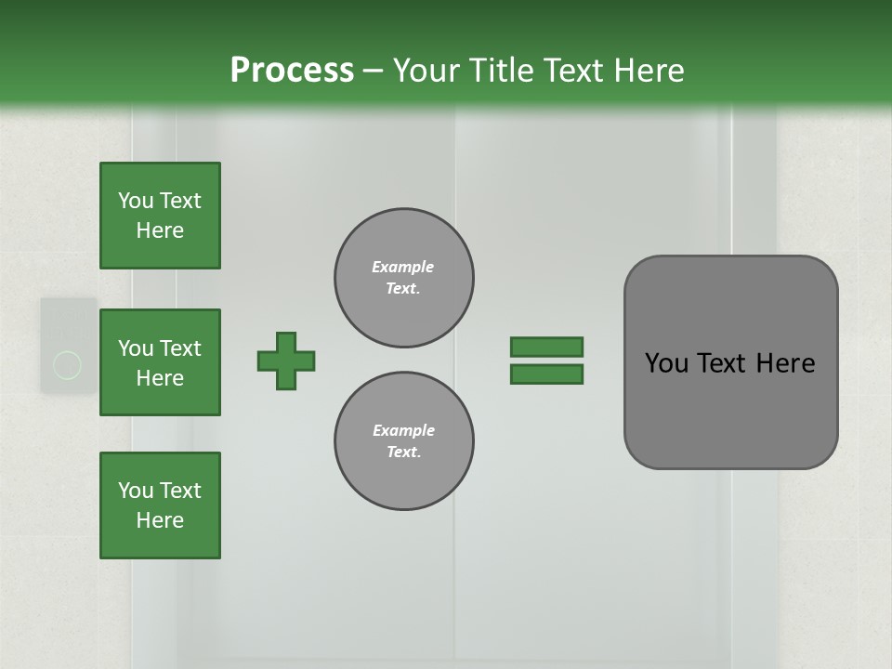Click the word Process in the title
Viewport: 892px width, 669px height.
[x=292, y=70]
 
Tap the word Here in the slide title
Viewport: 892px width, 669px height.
[x=648, y=70]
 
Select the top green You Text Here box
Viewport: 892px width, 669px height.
[x=160, y=216]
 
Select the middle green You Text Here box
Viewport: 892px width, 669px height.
[x=160, y=362]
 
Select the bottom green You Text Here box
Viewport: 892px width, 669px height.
[x=160, y=505]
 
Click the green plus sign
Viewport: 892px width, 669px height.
[x=286, y=361]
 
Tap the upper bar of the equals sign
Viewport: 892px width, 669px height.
[x=546, y=347]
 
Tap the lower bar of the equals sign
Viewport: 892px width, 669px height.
[x=546, y=374]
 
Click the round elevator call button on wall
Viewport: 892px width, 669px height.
[x=67, y=365]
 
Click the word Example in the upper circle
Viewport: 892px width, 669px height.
[x=403, y=267]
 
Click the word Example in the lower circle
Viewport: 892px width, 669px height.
[x=403, y=430]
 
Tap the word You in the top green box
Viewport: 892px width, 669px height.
[x=136, y=201]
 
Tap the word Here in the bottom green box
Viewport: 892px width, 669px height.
[x=160, y=520]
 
